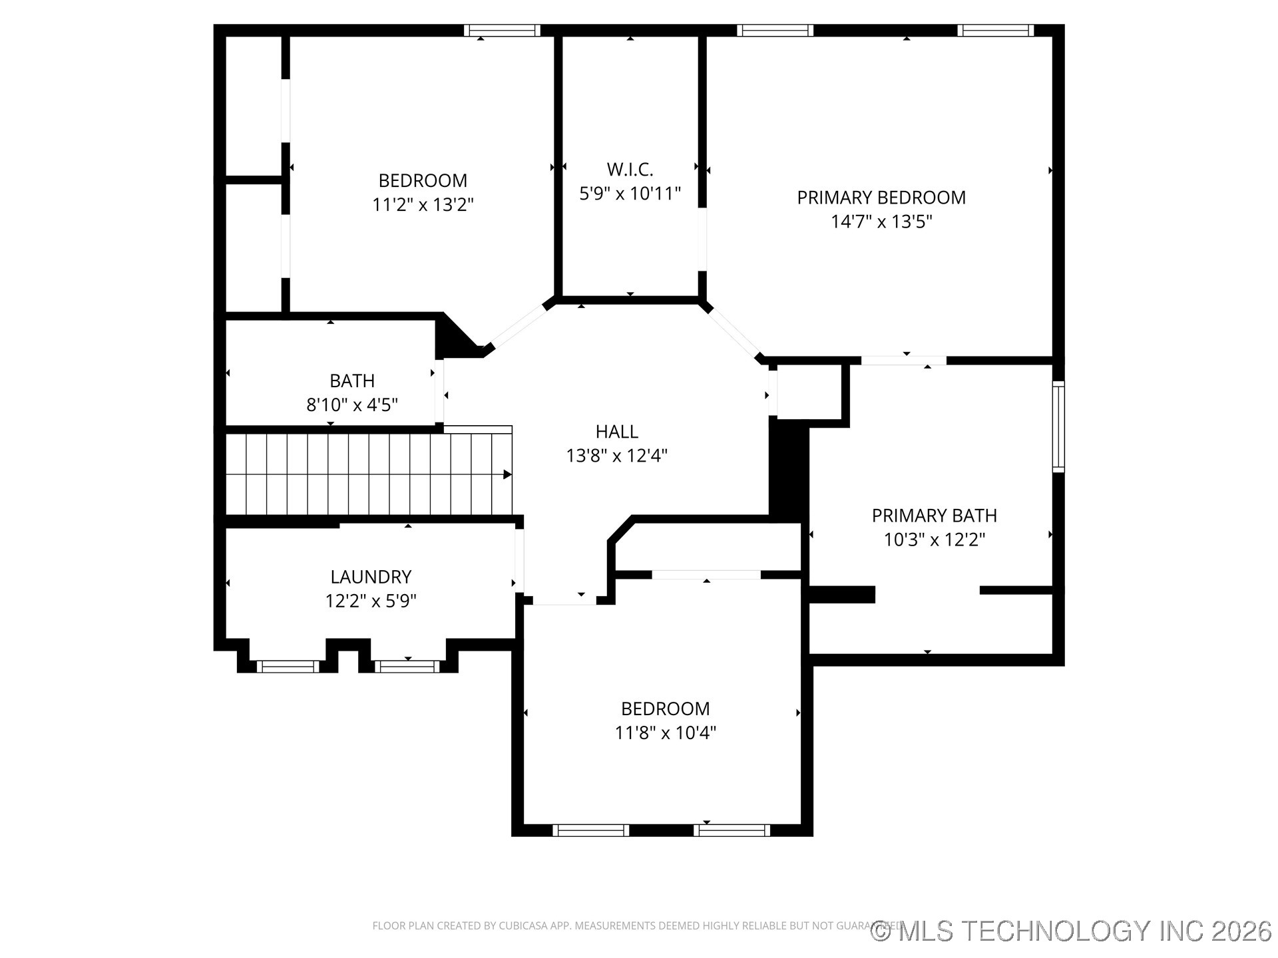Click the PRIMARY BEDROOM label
click(881, 198)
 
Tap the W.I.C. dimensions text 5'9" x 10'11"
click(630, 194)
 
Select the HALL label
click(616, 432)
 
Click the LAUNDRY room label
click(371, 577)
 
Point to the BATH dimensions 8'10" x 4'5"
click(352, 404)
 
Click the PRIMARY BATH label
click(934, 516)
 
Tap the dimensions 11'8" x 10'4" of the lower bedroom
click(665, 732)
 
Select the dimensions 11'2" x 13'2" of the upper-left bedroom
click(423, 204)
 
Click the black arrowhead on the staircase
click(507, 474)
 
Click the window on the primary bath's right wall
click(1058, 426)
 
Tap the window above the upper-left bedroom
click(502, 30)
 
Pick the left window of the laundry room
click(288, 666)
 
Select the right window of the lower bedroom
click(732, 830)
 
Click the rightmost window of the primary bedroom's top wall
click(996, 30)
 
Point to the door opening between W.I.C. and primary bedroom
click(702, 239)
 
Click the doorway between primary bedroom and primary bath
click(903, 361)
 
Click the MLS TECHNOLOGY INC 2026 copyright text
click(1072, 931)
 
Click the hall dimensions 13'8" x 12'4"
click(616, 456)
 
